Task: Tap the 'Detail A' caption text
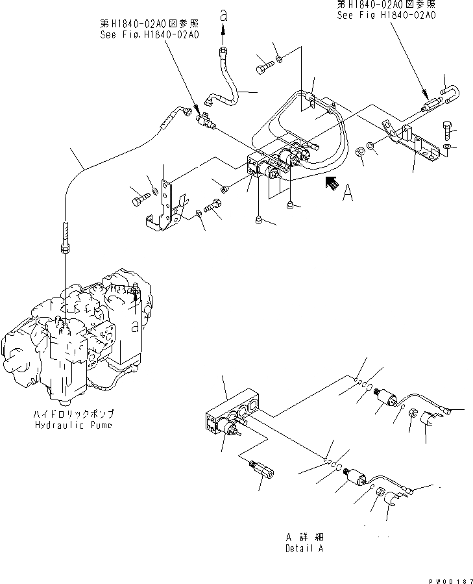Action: tap(304, 548)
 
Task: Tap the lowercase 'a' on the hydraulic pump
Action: tap(135, 322)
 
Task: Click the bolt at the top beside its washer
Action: tap(263, 66)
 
